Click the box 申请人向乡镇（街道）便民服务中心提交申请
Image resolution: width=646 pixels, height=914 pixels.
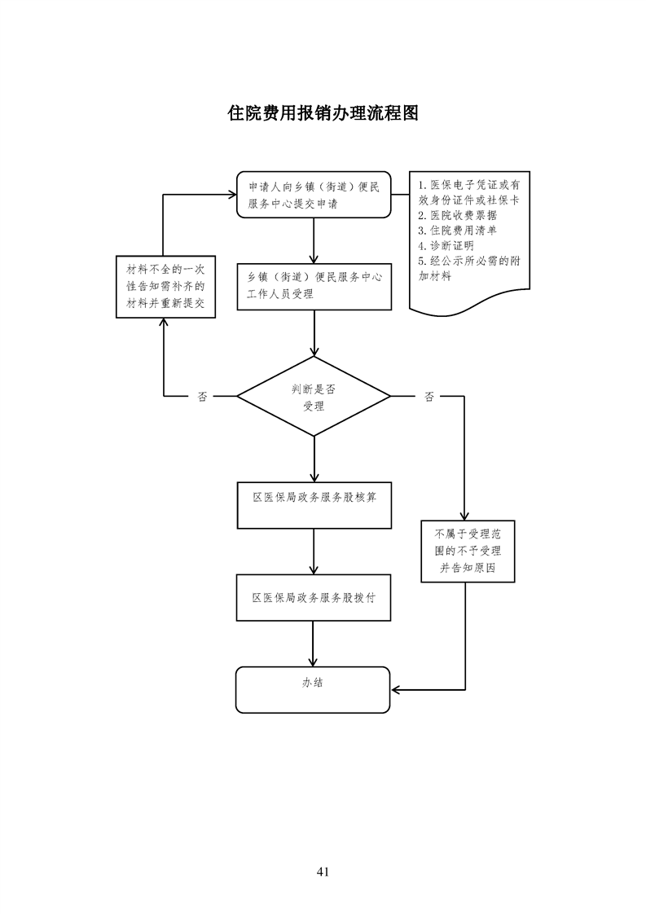point(314,196)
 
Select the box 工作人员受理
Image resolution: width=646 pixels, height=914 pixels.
point(314,286)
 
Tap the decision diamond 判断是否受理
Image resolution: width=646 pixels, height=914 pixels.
point(314,397)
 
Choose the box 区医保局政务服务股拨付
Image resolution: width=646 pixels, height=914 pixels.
point(314,598)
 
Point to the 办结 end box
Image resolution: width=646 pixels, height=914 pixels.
point(314,689)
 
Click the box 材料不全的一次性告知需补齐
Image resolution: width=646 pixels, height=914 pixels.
point(165,287)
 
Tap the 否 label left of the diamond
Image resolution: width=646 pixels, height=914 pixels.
point(202,397)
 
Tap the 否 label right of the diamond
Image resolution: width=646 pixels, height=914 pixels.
point(429,397)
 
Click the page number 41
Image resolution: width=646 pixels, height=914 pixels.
point(323,872)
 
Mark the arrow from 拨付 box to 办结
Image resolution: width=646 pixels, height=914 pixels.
point(314,644)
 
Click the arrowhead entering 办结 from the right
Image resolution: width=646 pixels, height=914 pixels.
point(397,690)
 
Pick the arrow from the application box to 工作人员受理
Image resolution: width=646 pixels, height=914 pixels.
point(314,240)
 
